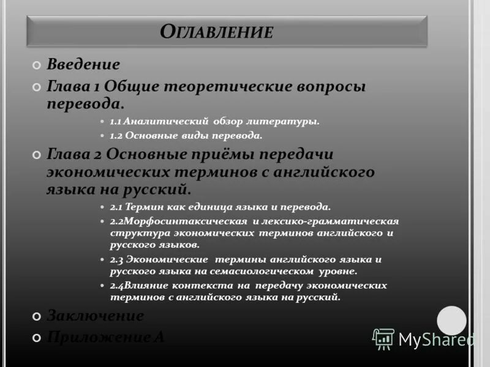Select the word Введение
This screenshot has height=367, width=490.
pyautogui.click(x=83, y=64)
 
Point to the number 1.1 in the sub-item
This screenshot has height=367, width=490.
pyautogui.click(x=116, y=122)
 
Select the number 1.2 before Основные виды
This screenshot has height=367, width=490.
pyautogui.click(x=116, y=135)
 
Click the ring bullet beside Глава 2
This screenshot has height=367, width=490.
pyautogui.click(x=37, y=155)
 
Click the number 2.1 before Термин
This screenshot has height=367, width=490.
pyautogui.click(x=116, y=207)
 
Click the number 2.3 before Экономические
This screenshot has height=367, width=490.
pyautogui.click(x=116, y=259)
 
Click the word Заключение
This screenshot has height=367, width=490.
pyautogui.click(x=96, y=316)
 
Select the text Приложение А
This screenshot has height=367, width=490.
pyautogui.click(x=105, y=336)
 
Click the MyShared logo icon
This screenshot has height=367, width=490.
pyautogui.click(x=383, y=339)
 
